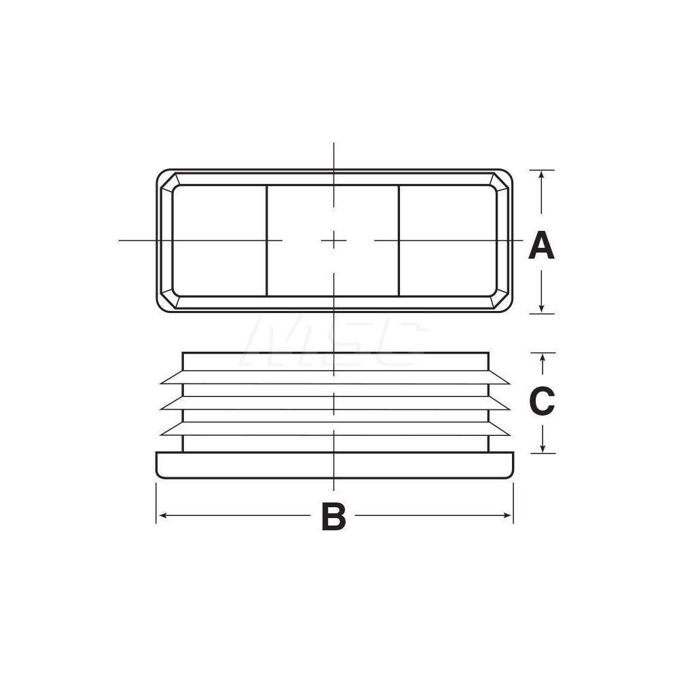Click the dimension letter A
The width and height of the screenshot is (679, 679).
(541, 246)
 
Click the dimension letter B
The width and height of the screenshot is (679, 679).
(333, 517)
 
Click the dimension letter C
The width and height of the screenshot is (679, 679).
(542, 402)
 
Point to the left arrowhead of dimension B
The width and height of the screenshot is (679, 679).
(161, 515)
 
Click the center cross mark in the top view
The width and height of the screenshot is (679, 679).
(333, 240)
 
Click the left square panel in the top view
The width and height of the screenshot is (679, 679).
(219, 240)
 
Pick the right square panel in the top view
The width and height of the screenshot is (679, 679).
(447, 240)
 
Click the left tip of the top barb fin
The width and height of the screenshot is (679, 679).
(161, 383)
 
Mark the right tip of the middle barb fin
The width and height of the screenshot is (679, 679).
(509, 409)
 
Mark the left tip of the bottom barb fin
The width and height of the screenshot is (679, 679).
(161, 435)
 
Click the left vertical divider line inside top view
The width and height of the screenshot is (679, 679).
(266, 240)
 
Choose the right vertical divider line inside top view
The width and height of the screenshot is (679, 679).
(399, 240)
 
